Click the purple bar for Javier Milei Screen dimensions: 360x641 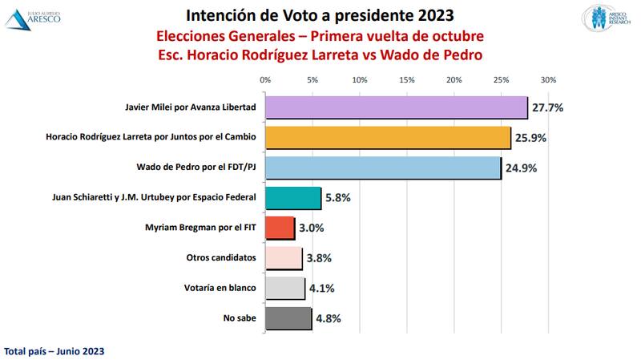396,107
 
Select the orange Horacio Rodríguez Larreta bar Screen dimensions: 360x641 388,138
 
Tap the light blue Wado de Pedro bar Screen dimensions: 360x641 383,168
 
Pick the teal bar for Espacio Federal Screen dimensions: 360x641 292,198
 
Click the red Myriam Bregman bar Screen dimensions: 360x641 280,228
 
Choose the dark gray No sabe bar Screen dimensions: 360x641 288,318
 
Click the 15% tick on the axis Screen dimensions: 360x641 406,80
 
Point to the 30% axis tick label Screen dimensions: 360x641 548,80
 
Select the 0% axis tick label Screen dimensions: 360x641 265,80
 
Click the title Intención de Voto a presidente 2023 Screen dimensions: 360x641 320,14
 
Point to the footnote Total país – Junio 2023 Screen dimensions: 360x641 54,351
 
